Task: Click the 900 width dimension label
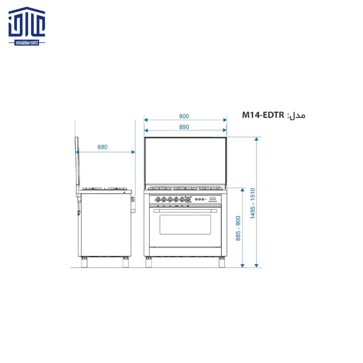pyautogui.click(x=184, y=116)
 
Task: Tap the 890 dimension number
pyautogui.click(x=184, y=127)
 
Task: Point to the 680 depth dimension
pyautogui.click(x=102, y=147)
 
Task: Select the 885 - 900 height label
pyautogui.click(x=238, y=228)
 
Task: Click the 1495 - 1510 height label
pyautogui.click(x=252, y=203)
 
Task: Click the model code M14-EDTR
pyautogui.click(x=263, y=115)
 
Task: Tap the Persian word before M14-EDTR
pyautogui.click(x=297, y=115)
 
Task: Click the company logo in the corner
pyautogui.click(x=27, y=26)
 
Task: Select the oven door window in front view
pyautogui.click(x=185, y=224)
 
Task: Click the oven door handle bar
pyautogui.click(x=185, y=211)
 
